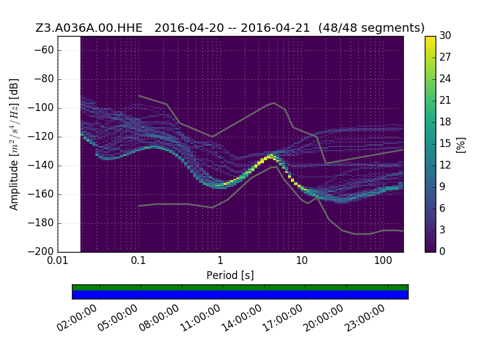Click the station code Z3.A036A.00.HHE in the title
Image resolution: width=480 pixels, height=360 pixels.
point(89,28)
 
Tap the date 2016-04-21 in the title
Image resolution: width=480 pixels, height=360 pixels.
point(275,28)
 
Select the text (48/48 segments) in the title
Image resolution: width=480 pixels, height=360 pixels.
point(371,28)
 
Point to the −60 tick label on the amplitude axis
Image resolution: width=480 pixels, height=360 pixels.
point(44,50)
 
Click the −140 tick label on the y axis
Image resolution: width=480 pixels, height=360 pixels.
point(41,166)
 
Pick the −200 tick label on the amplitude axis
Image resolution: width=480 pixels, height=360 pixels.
point(41,251)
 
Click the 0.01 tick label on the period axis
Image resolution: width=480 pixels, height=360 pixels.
point(58,261)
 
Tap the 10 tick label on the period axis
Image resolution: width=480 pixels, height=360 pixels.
point(302,261)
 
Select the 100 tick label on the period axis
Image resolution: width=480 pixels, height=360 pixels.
point(383,261)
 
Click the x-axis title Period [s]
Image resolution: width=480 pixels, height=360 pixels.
point(230,275)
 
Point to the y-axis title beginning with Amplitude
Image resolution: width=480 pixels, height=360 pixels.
point(14,145)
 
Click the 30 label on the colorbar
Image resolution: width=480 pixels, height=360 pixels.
point(445,35)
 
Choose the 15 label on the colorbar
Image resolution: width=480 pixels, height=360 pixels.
point(445,143)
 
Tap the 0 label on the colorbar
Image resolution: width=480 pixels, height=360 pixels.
point(442,251)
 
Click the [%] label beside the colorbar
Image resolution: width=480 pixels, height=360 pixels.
point(461,145)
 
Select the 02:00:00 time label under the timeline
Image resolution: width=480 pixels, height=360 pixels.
point(77,318)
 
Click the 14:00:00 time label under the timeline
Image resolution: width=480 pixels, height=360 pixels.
point(241,318)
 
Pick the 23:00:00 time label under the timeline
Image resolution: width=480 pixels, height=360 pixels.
point(364,318)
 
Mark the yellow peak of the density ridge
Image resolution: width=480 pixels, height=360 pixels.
point(271,156)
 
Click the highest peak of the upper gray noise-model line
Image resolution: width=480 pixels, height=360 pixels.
point(274,103)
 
